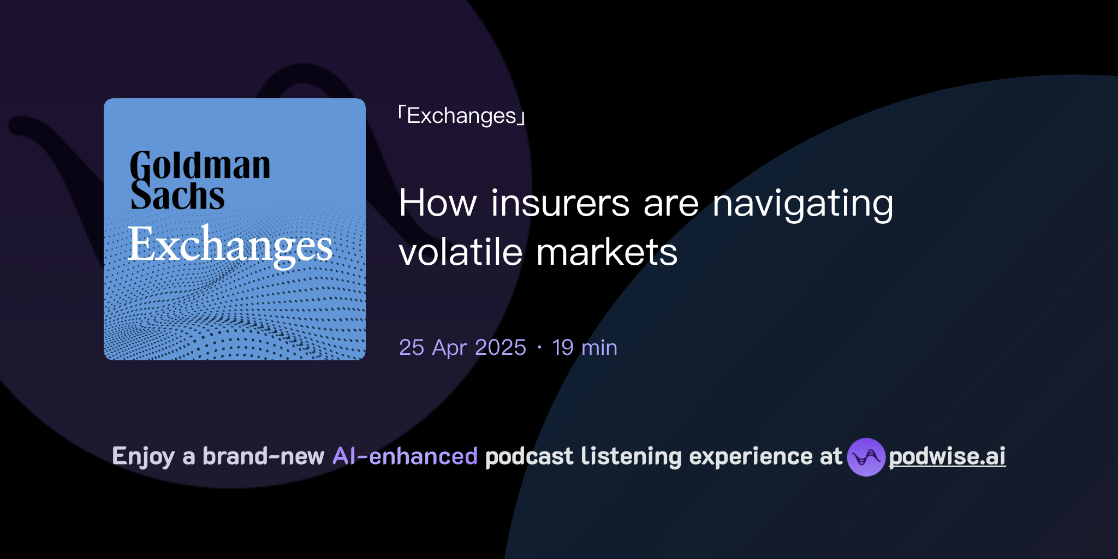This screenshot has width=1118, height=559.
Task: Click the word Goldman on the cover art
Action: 200,166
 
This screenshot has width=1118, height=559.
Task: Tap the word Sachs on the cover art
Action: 177,196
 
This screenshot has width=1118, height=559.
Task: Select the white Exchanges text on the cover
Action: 230,245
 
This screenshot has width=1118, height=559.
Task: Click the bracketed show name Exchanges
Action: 461,116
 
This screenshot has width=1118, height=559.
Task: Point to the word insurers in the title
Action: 560,203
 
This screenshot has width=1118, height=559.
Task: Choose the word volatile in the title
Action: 461,252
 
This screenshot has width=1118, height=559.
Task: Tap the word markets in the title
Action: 606,252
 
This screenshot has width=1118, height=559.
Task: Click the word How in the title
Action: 438,203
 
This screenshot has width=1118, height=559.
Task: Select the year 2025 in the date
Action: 501,348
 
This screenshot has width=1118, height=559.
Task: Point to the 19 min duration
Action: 585,348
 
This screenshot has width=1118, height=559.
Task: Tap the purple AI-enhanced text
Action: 405,456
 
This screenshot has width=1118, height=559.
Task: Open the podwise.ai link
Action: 947,456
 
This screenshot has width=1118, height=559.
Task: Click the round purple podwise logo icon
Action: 866,457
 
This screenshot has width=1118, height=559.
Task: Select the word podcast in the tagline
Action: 529,456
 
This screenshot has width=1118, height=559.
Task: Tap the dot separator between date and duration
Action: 539,348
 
